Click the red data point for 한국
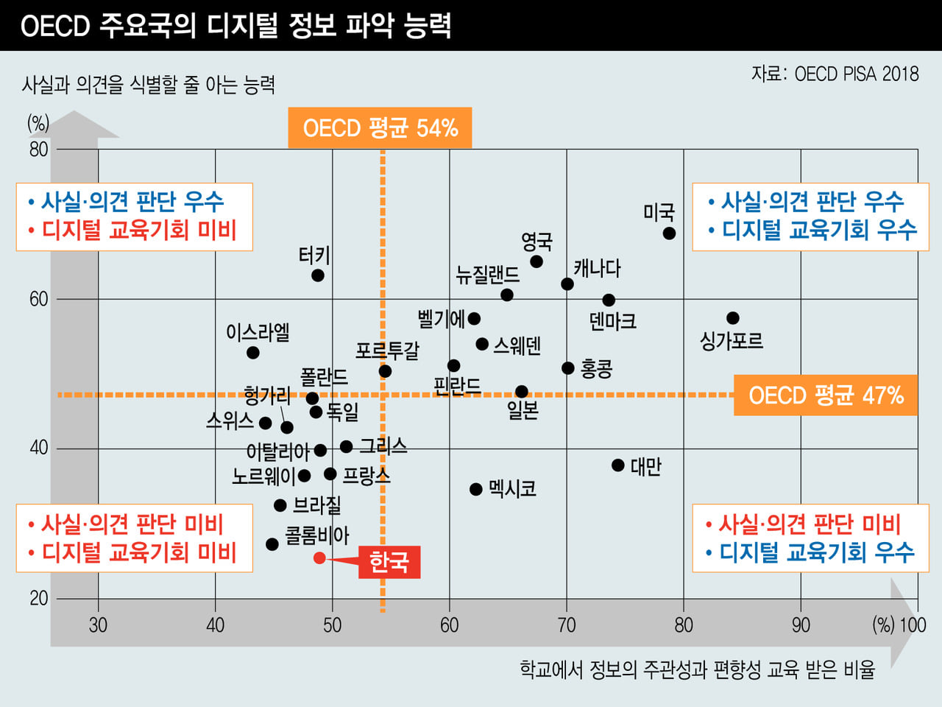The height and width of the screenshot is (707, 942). coord(319,557)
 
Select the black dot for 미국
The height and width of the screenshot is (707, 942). coord(669,233)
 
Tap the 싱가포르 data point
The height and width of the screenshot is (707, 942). coord(732,318)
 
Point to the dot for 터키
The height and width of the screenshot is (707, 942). coord(318,275)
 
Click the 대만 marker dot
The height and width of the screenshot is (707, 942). coord(618,465)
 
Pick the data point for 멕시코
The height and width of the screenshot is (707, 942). coord(476,489)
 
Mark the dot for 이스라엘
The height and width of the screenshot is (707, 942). coord(253,353)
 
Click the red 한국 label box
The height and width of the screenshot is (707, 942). coord(389,562)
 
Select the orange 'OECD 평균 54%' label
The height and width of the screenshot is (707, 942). coord(380,128)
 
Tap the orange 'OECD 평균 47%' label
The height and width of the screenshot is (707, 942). coord(825,395)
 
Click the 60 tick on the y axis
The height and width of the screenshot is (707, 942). coord(38,299)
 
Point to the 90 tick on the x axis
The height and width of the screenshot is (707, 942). coord(801,625)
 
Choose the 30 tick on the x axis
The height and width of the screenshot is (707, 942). coord(98,625)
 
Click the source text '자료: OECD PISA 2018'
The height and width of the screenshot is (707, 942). coord(835,74)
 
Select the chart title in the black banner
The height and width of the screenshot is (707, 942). coord(235,26)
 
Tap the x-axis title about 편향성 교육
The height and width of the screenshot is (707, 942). coord(697,669)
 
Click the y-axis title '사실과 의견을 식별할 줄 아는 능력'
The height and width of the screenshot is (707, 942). coord(149,85)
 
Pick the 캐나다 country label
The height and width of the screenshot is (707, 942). coord(597,268)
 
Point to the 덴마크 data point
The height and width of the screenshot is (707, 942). coord(609,300)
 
